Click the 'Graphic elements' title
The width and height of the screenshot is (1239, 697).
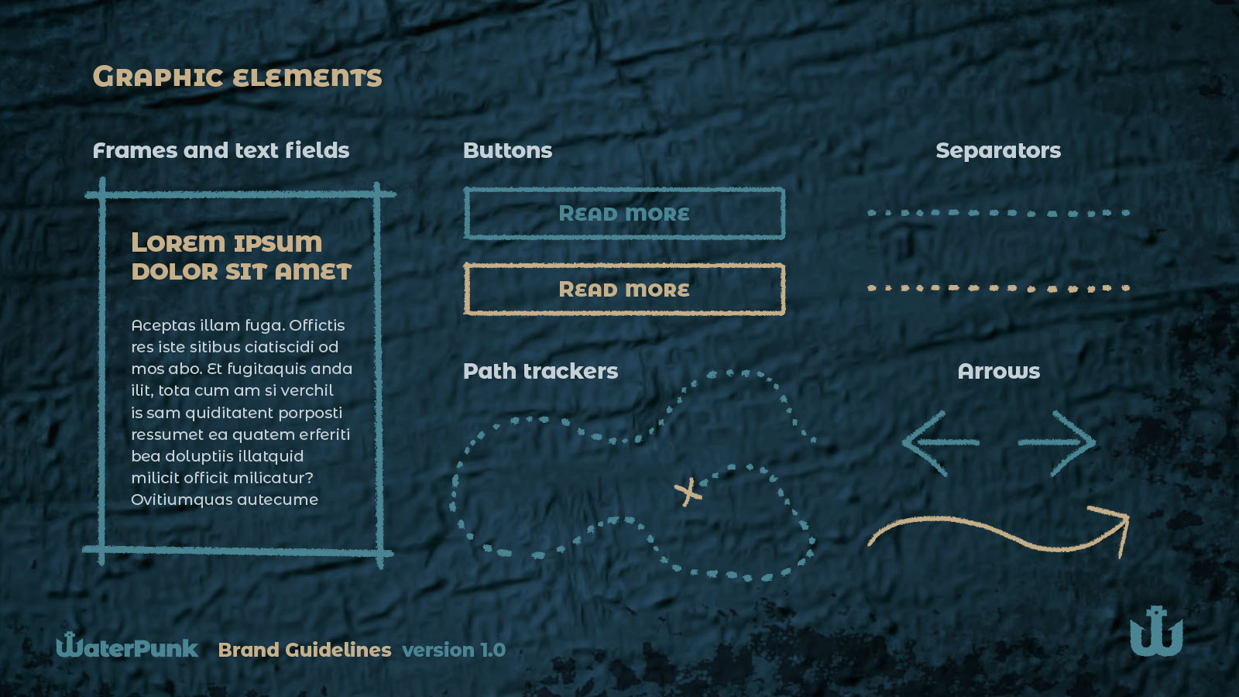[237, 77]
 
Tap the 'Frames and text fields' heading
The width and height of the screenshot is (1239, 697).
[221, 150]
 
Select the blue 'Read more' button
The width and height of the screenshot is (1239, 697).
[624, 214]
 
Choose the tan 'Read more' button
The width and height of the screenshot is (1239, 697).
[624, 290]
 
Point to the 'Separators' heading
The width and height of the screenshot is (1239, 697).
[998, 150]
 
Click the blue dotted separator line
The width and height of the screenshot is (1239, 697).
[999, 213]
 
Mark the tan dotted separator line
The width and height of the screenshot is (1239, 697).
[999, 288]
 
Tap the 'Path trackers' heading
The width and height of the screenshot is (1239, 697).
[541, 371]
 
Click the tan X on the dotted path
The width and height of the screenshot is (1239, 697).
[688, 492]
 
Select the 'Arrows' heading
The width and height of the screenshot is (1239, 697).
[999, 371]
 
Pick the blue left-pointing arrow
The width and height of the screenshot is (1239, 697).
[940, 442]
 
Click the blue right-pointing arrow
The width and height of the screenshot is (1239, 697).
[1057, 442]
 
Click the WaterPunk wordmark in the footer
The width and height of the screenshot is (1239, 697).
[127, 646]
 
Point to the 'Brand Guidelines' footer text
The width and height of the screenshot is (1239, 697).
[305, 650]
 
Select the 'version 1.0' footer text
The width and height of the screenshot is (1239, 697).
[454, 650]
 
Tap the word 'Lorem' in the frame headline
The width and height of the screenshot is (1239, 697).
[178, 243]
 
